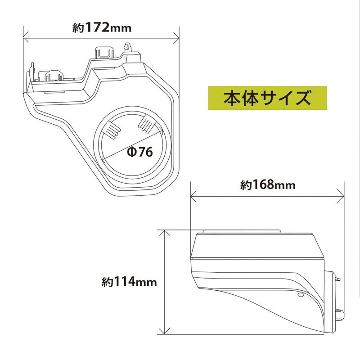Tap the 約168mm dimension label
tap(267, 185)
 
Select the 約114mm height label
tap(129, 282)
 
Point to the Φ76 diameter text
tap(140, 152)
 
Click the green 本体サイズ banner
tap(268, 97)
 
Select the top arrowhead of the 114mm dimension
tap(166, 232)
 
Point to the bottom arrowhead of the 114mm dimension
tap(166, 332)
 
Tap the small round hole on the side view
tap(301, 296)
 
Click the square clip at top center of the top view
tap(104, 52)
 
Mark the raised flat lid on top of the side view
tap(242, 232)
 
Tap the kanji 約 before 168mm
tap(245, 185)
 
